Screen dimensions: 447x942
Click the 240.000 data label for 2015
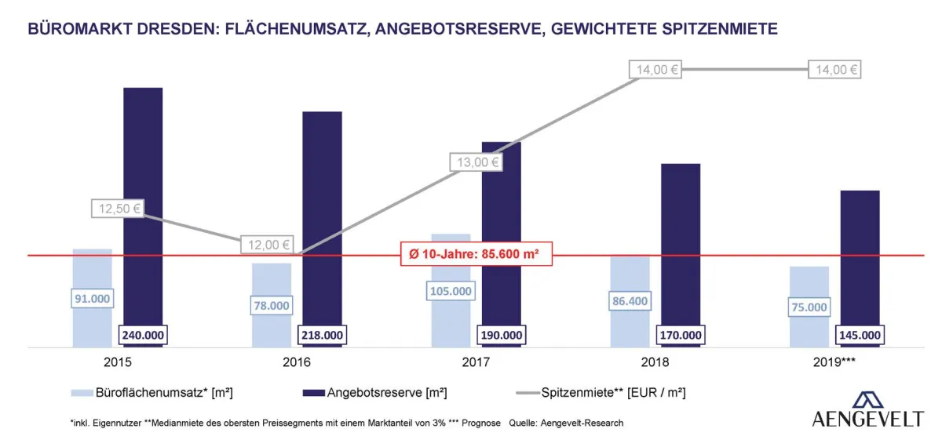[143, 335]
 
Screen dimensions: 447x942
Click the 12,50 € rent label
[118, 209]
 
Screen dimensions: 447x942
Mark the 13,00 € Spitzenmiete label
[475, 162]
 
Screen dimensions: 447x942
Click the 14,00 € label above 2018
[654, 69]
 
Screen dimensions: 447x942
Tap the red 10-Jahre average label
[476, 255]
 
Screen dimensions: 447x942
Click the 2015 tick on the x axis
[117, 362]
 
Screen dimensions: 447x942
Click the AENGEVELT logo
[867, 409]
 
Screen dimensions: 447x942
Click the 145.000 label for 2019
[860, 335]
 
